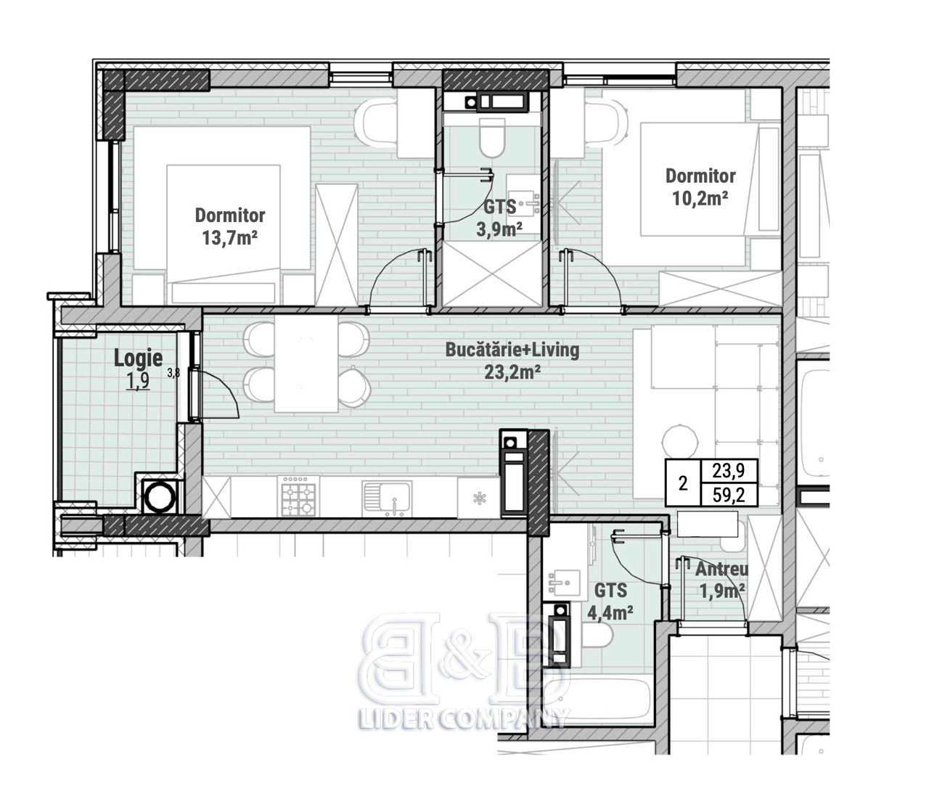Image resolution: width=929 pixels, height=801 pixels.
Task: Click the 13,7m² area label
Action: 229,238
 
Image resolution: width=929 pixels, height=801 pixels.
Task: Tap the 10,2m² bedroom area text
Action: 700,198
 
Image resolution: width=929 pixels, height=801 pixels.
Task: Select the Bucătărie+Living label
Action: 512,350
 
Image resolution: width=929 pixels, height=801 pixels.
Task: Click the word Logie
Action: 138,358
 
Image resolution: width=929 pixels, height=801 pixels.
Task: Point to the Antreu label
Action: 722,570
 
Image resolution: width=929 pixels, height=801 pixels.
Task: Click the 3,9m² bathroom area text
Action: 499,229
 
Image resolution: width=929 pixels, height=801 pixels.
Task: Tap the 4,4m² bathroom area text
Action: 610,613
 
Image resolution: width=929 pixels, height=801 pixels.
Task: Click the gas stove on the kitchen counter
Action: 298,496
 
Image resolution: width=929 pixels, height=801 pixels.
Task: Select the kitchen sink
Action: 387,498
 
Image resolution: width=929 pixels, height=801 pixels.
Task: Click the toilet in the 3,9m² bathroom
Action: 493,136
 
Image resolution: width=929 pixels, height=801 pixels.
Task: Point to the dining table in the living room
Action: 306,363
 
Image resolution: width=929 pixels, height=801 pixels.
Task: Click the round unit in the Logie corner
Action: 159,497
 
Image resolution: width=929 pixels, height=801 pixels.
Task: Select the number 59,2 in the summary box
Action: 729,495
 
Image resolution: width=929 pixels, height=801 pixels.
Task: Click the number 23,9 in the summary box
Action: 729,470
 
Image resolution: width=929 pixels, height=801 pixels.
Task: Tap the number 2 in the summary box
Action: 683,483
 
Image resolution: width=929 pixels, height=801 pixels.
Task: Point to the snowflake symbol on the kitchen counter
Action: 480,498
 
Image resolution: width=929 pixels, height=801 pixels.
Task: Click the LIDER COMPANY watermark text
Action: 464,719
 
